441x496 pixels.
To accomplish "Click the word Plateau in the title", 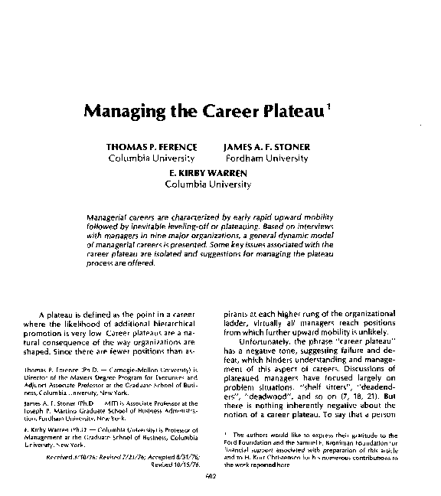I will click(289, 112).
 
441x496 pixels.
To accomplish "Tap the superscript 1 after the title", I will click(328, 106).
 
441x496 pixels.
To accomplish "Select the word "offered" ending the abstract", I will click(140, 264).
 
